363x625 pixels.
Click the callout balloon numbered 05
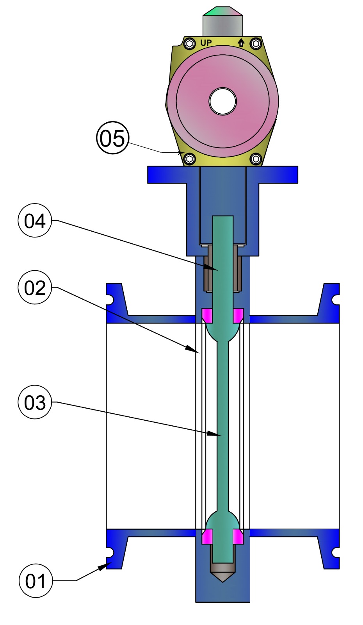113,138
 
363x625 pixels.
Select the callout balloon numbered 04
35,221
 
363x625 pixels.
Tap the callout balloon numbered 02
35,288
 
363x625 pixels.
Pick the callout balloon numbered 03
35,402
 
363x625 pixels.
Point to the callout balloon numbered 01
36,581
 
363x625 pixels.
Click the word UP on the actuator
206,43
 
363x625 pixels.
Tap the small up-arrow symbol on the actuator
241,43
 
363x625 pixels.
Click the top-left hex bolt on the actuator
190,43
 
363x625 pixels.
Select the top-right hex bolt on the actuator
256,43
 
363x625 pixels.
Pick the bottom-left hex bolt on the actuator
190,159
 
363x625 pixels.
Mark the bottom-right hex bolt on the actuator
256,159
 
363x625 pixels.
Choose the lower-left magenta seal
207,536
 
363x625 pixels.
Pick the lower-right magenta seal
238,536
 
